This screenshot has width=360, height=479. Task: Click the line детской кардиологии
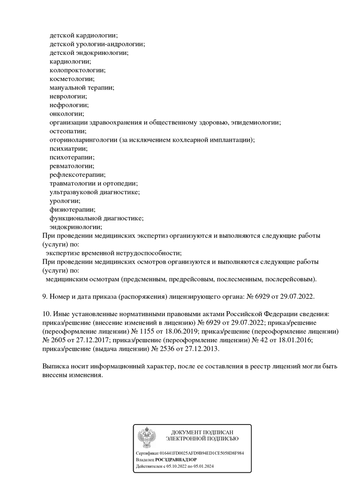click(84, 35)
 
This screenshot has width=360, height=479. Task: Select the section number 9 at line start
click(44, 296)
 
